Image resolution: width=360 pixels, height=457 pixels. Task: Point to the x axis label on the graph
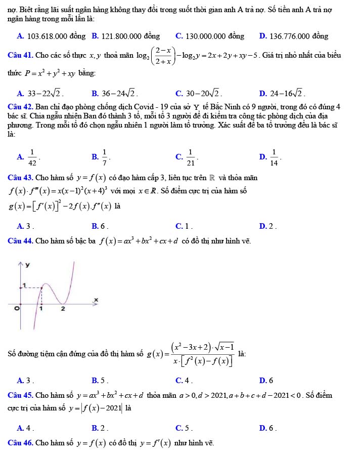96,301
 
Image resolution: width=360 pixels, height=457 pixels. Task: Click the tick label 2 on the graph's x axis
63,309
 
